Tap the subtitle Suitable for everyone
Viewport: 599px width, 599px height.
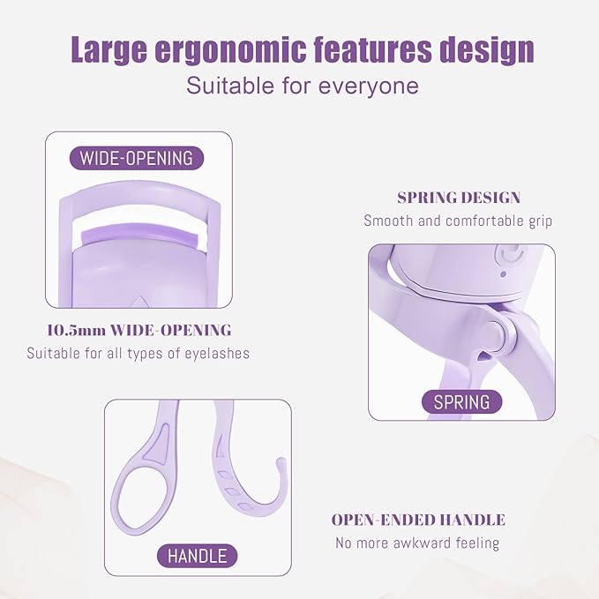pyautogui.click(x=302, y=86)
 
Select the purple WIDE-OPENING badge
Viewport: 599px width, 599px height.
pyautogui.click(x=136, y=159)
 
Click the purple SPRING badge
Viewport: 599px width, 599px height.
pyautogui.click(x=461, y=402)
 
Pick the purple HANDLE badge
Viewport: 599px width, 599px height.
pyautogui.click(x=198, y=556)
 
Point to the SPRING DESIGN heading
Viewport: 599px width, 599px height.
pyautogui.click(x=459, y=198)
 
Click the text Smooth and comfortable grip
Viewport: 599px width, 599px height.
pyautogui.click(x=458, y=221)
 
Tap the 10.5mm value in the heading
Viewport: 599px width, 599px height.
pyautogui.click(x=74, y=331)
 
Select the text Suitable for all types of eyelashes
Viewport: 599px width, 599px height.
pyautogui.click(x=138, y=354)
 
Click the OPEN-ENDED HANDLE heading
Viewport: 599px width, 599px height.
pyautogui.click(x=418, y=520)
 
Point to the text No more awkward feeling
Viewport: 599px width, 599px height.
pyautogui.click(x=417, y=543)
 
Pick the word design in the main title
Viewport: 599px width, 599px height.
pyautogui.click(x=488, y=49)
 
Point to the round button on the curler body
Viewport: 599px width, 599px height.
pyautogui.click(x=509, y=256)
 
